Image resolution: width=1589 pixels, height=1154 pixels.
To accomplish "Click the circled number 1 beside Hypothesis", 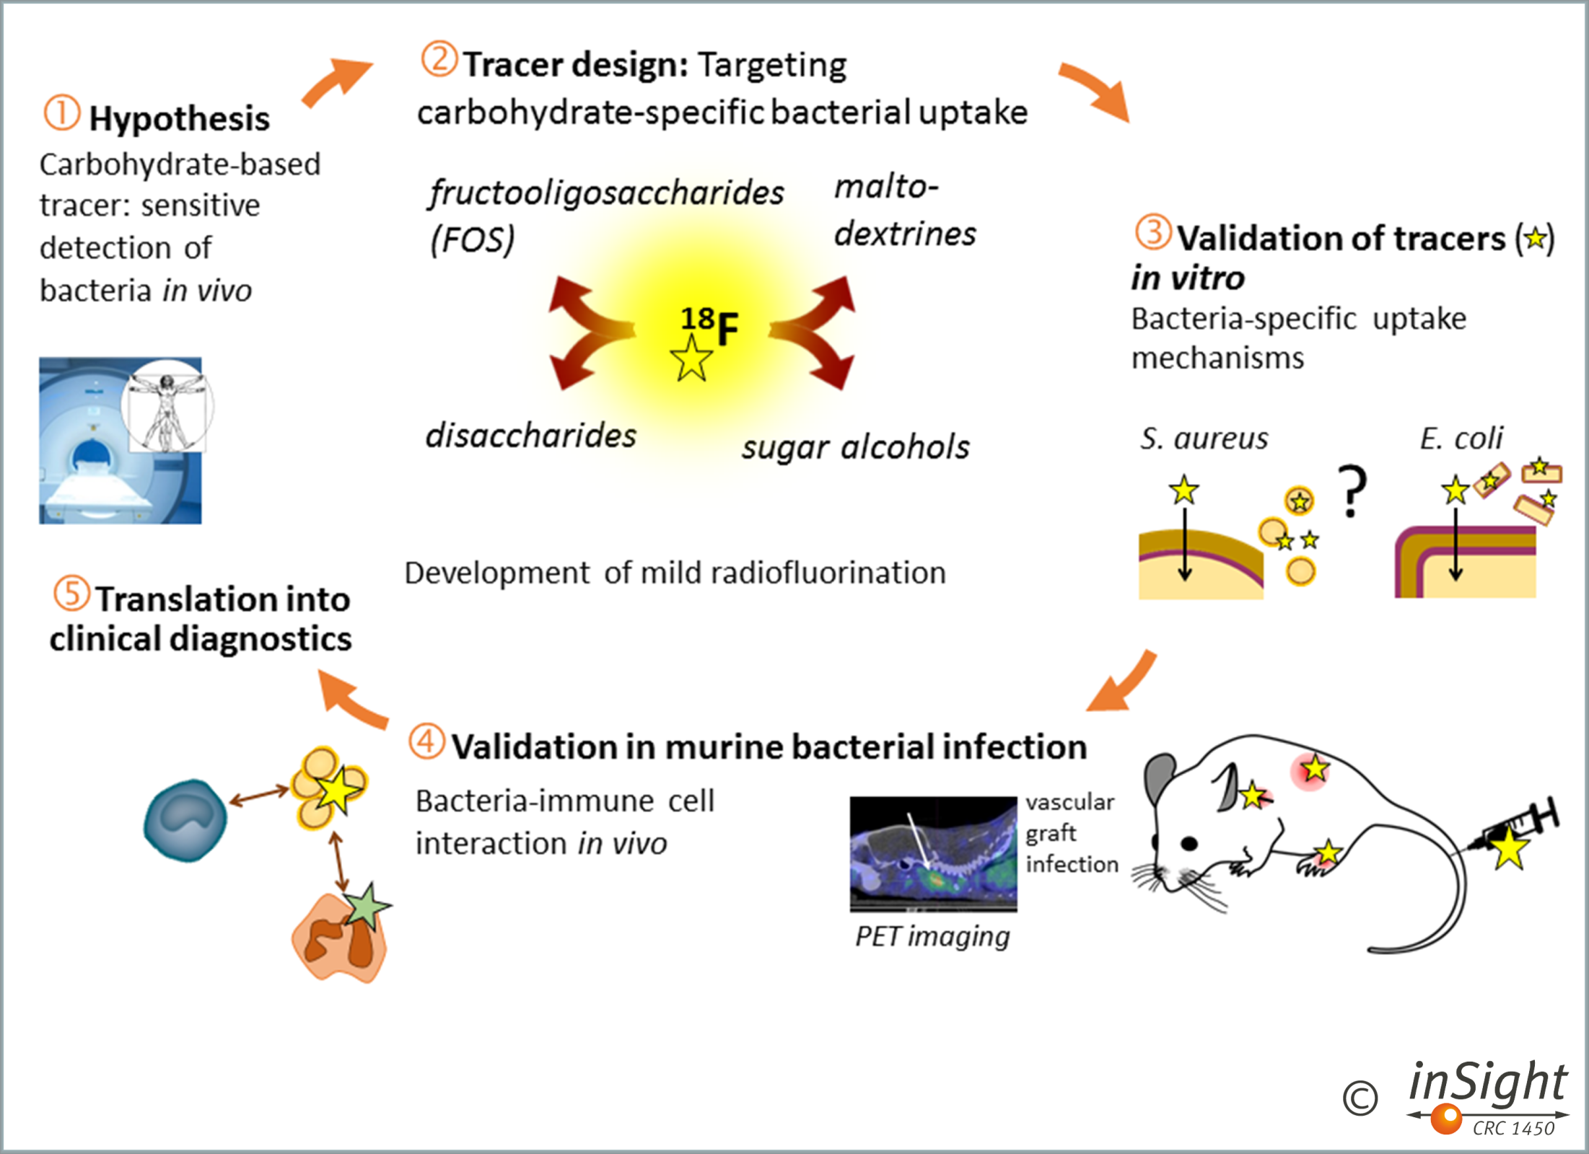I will (x=61, y=114).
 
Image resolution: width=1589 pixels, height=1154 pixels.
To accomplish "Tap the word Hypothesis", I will (x=179, y=119).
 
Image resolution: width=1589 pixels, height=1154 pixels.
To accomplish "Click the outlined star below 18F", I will (x=691, y=359).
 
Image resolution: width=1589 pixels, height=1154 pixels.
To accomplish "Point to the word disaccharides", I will (x=530, y=436).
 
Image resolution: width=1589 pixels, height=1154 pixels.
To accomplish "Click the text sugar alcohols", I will (x=855, y=447).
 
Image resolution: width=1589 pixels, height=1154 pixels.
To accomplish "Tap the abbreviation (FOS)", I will (x=472, y=240).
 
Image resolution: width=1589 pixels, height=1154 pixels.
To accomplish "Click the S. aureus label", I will (x=1204, y=439).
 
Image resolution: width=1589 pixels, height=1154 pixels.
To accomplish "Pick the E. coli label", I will (x=1461, y=439).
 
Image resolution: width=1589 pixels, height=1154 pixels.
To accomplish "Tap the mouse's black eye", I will (x=1189, y=843).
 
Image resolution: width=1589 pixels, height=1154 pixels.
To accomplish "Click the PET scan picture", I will (x=933, y=854).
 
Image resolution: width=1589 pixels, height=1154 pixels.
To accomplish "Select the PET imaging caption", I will (x=932, y=937).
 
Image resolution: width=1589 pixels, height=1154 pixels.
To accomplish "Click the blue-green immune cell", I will (x=185, y=820).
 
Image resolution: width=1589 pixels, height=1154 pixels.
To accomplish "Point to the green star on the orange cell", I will (x=367, y=907).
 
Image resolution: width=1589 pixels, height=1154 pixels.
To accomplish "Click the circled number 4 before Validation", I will (x=426, y=742).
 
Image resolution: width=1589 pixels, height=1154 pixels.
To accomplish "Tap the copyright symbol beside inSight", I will (x=1360, y=1098).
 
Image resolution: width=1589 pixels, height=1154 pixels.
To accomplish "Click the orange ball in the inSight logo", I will (x=1446, y=1119).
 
